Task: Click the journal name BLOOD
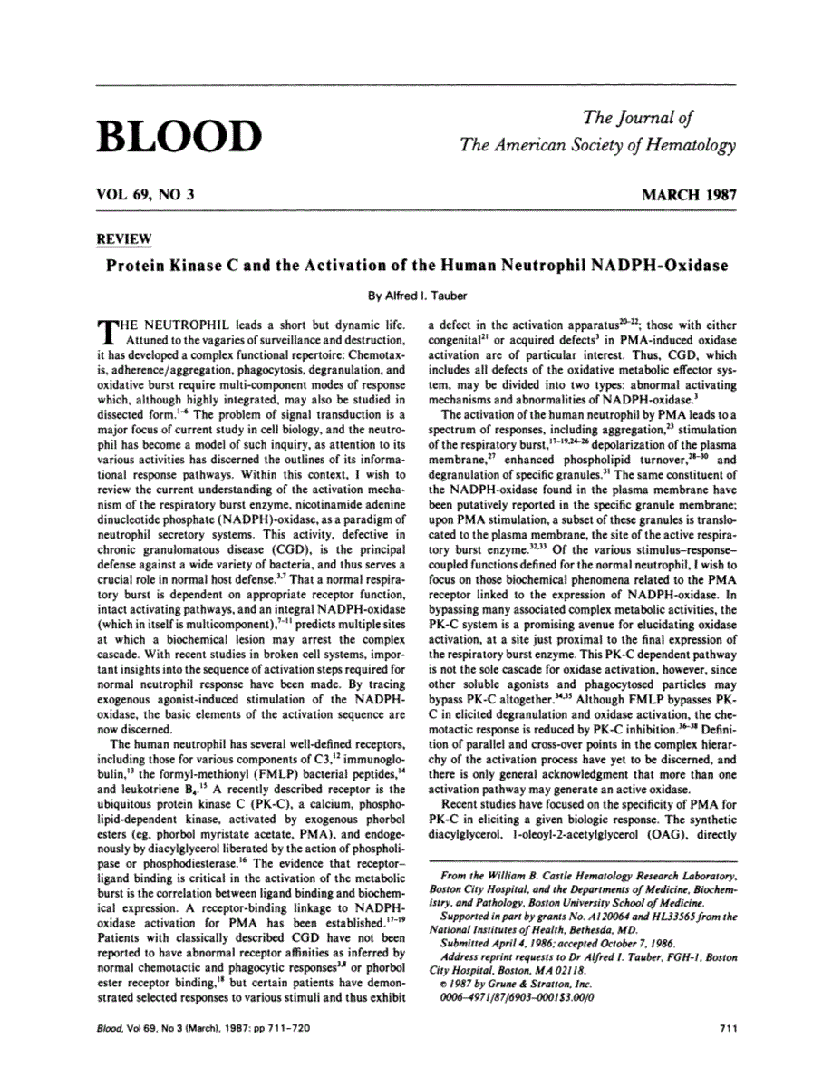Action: click(178, 135)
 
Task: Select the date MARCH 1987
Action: click(688, 195)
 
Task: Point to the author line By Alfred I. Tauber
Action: click(416, 294)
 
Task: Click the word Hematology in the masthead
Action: click(687, 145)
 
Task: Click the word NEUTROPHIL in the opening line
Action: click(184, 324)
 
